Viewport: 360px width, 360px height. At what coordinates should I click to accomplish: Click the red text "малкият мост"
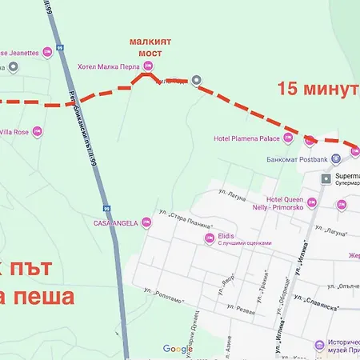pos(146,46)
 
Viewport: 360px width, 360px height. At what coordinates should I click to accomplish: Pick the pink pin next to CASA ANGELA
pos(146,223)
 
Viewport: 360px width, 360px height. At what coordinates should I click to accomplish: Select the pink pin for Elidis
pos(210,238)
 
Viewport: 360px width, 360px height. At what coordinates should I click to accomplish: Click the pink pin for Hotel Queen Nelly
pos(311,203)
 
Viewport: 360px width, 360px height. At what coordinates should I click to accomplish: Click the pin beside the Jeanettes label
pos(47,53)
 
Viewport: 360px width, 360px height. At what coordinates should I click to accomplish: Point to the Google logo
pos(178,349)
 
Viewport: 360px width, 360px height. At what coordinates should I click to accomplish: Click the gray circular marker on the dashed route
pos(196,79)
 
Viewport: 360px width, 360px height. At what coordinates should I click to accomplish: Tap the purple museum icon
pos(319,346)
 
